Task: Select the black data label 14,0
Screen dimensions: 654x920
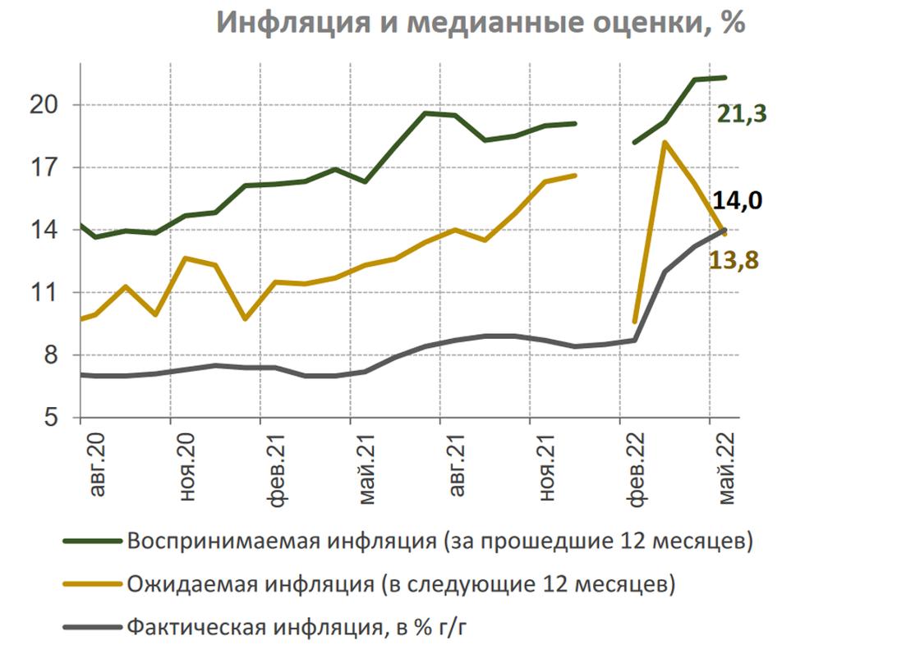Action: (x=736, y=200)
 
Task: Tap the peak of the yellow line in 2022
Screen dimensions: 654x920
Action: (x=664, y=143)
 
